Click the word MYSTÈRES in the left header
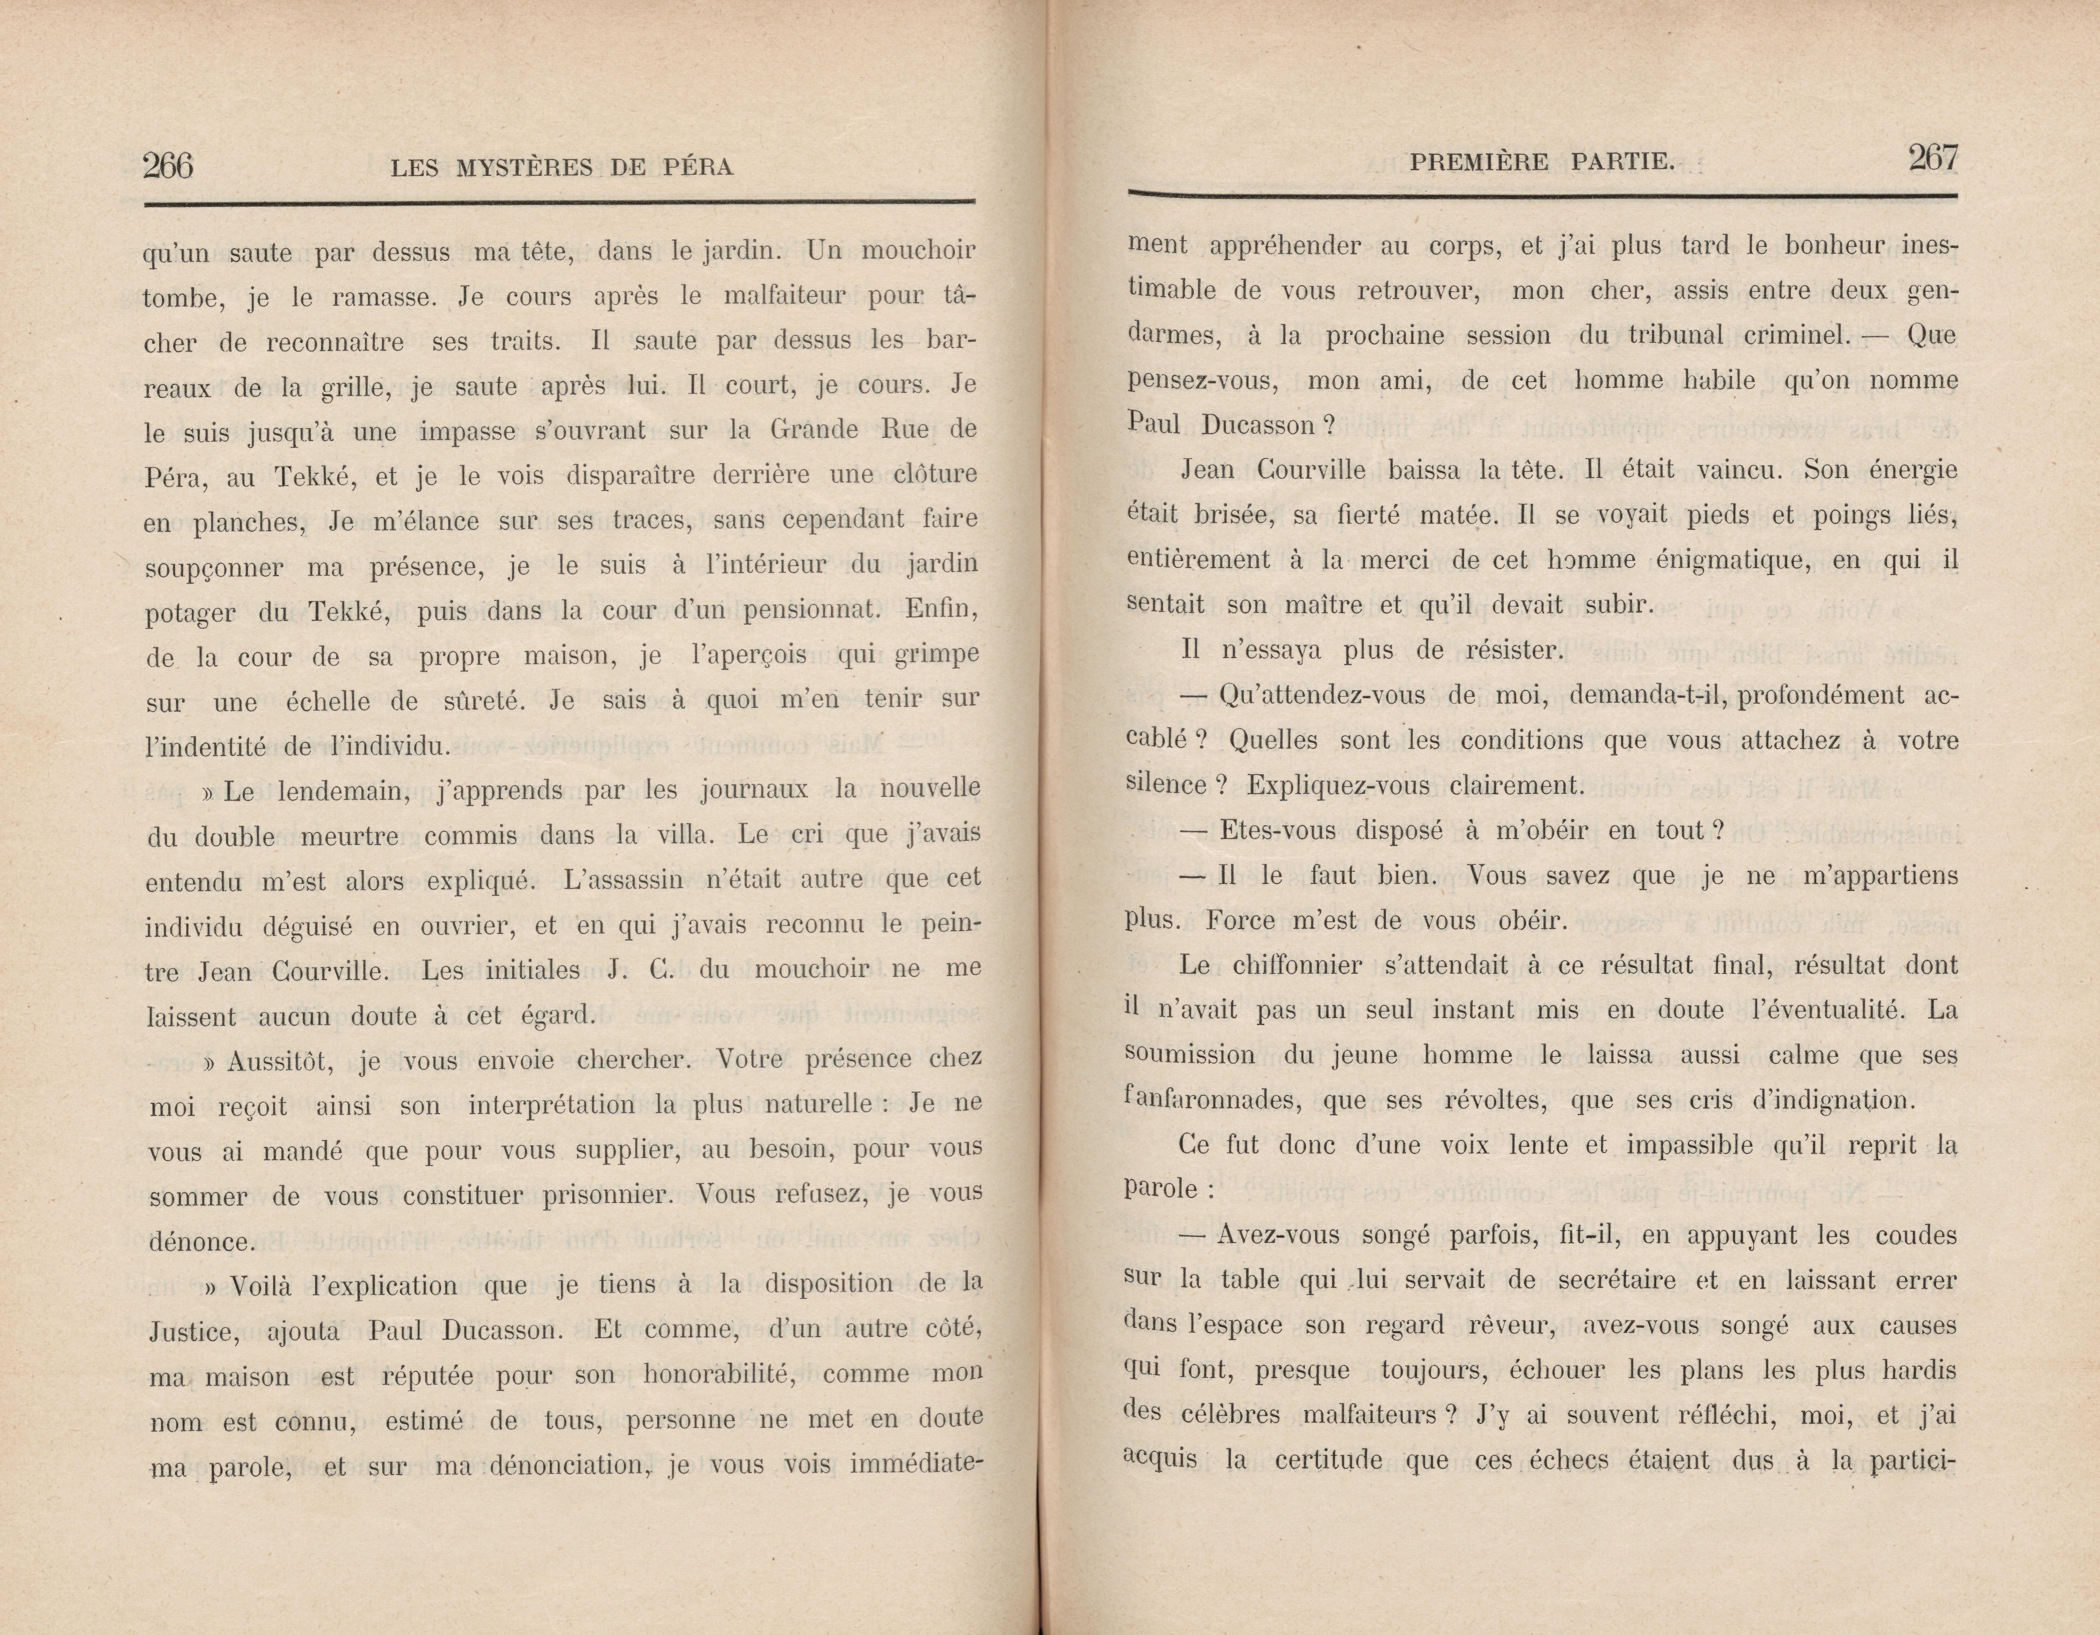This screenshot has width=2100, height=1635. [x=524, y=168]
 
